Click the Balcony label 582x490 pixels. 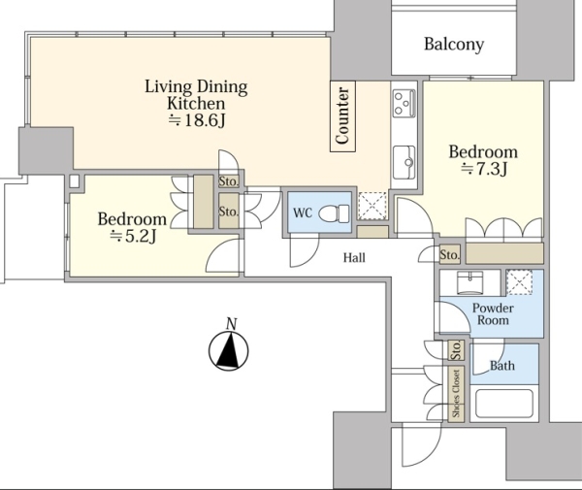454,45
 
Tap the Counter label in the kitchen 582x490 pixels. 342,115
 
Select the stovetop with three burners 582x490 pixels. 404,103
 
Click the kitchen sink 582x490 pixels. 404,162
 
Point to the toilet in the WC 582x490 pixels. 334,213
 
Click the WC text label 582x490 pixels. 303,213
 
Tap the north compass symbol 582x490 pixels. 229,351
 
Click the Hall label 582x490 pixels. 354,258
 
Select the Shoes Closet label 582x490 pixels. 456,394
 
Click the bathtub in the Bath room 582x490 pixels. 504,404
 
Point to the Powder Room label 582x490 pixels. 493,314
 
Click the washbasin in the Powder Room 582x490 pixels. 469,283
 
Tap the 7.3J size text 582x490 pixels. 484,169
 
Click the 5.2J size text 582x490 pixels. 133,237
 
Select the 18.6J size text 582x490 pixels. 197,120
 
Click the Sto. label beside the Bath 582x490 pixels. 456,350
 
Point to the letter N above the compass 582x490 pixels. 231,324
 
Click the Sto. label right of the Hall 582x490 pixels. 449,254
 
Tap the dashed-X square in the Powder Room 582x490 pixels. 519,283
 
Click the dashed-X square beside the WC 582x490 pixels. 372,206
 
